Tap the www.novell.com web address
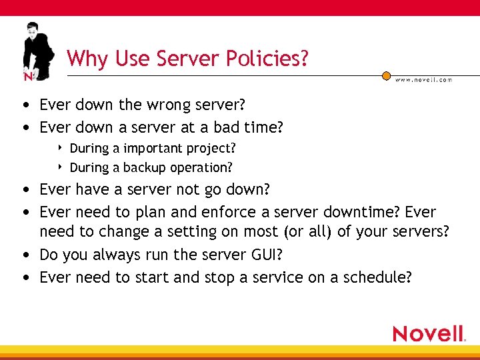[x=423, y=79]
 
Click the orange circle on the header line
[x=386, y=76]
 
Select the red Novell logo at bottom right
[x=428, y=333]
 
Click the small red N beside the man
[x=28, y=76]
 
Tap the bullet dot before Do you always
[x=25, y=255]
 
